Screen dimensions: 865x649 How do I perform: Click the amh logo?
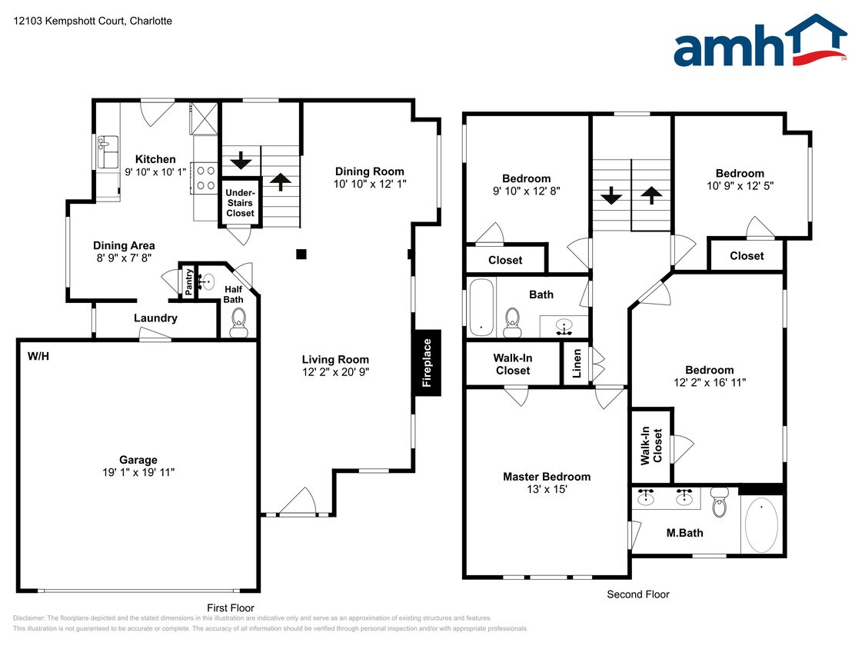pyautogui.click(x=760, y=42)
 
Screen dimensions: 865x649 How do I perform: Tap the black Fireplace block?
pyautogui.click(x=427, y=363)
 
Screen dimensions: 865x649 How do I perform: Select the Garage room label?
pyautogui.click(x=138, y=460)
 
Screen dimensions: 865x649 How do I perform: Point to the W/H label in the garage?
pyautogui.click(x=38, y=357)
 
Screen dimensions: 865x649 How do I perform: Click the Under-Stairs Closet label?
pyautogui.click(x=240, y=202)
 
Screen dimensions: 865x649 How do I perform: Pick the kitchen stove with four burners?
pyautogui.click(x=205, y=178)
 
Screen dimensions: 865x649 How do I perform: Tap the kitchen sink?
pyautogui.click(x=108, y=152)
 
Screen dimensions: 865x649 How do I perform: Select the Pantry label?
pyautogui.click(x=189, y=281)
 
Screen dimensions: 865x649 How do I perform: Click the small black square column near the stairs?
pyautogui.click(x=301, y=254)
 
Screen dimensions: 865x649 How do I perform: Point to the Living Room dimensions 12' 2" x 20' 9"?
pyautogui.click(x=335, y=372)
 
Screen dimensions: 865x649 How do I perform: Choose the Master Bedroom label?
pyautogui.click(x=547, y=477)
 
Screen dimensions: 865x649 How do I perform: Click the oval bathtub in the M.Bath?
pyautogui.click(x=761, y=525)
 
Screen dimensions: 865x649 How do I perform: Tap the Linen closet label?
pyautogui.click(x=577, y=363)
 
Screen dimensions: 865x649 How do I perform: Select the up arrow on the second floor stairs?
pyautogui.click(x=651, y=195)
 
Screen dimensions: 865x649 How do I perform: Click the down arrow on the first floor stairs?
pyautogui.click(x=241, y=161)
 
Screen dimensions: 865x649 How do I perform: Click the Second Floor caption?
pyautogui.click(x=638, y=594)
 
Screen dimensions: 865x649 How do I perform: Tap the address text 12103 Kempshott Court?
pyautogui.click(x=69, y=21)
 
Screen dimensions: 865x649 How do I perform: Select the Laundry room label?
pyautogui.click(x=155, y=318)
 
